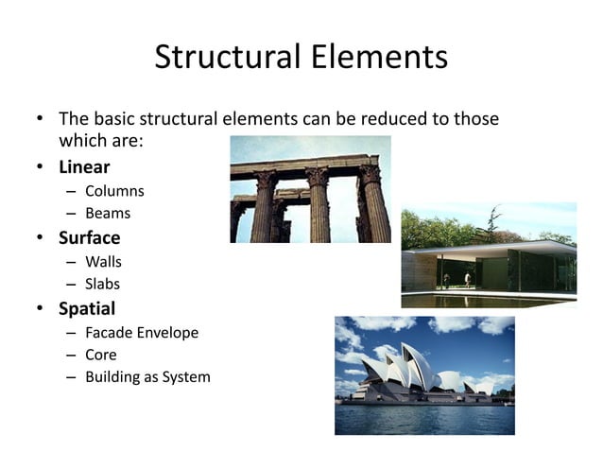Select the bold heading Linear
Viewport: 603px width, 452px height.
(x=84, y=167)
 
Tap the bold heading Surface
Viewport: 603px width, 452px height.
(x=89, y=237)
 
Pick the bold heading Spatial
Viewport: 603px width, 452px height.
(x=87, y=307)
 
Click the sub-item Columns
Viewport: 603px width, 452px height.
(x=114, y=191)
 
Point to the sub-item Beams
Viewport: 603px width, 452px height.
(x=108, y=214)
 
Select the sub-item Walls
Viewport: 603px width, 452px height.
(x=103, y=261)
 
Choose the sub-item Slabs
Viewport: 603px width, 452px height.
(x=103, y=284)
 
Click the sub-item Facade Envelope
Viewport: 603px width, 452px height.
(x=142, y=332)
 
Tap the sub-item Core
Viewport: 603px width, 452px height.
(x=101, y=355)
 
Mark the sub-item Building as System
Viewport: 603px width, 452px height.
(x=147, y=377)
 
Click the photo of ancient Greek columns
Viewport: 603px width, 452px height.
(x=310, y=189)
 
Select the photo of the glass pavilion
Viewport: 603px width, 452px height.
(x=489, y=254)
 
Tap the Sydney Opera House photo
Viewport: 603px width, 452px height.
(x=424, y=374)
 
